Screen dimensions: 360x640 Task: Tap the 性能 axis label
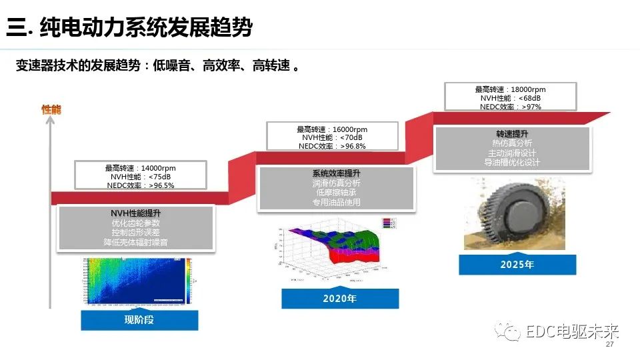51,109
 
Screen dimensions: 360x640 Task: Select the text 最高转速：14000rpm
140,168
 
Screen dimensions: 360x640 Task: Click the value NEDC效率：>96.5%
140,185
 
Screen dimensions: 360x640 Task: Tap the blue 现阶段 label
139,320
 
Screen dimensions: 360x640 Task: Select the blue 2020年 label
340,298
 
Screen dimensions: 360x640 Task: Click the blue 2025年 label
517,264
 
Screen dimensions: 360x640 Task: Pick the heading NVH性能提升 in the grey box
135,213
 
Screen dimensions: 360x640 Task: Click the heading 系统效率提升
337,173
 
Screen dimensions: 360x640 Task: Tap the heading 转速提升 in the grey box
513,133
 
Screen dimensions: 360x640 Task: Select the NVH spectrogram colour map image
137,281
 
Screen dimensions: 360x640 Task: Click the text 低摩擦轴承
337,193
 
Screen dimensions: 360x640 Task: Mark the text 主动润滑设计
513,153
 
